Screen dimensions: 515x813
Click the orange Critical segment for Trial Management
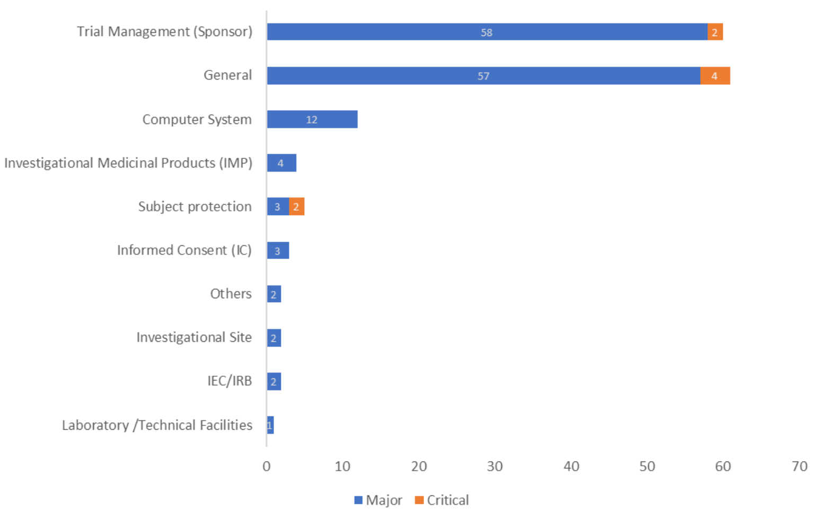click(715, 32)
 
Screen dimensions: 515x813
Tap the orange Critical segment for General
click(715, 76)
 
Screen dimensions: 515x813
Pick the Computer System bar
click(312, 119)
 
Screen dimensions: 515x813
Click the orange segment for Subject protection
click(296, 207)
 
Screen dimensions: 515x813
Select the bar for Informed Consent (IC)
click(278, 251)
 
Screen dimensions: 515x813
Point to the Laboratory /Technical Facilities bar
click(270, 425)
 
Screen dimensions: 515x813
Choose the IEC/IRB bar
click(274, 381)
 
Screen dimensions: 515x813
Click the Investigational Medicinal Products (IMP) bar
click(281, 163)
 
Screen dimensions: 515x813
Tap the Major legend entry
click(378, 500)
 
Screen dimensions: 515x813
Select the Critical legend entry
click(442, 500)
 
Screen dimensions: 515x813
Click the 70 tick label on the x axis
click(799, 466)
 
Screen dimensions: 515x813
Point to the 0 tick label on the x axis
click(267, 466)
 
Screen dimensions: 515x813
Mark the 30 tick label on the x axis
click(495, 466)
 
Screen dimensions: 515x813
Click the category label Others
click(231, 294)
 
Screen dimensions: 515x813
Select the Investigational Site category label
click(194, 338)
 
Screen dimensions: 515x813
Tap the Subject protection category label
click(195, 207)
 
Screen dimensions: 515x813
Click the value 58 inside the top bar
click(487, 32)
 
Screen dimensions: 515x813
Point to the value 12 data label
click(312, 120)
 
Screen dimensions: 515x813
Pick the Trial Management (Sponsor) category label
click(164, 32)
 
